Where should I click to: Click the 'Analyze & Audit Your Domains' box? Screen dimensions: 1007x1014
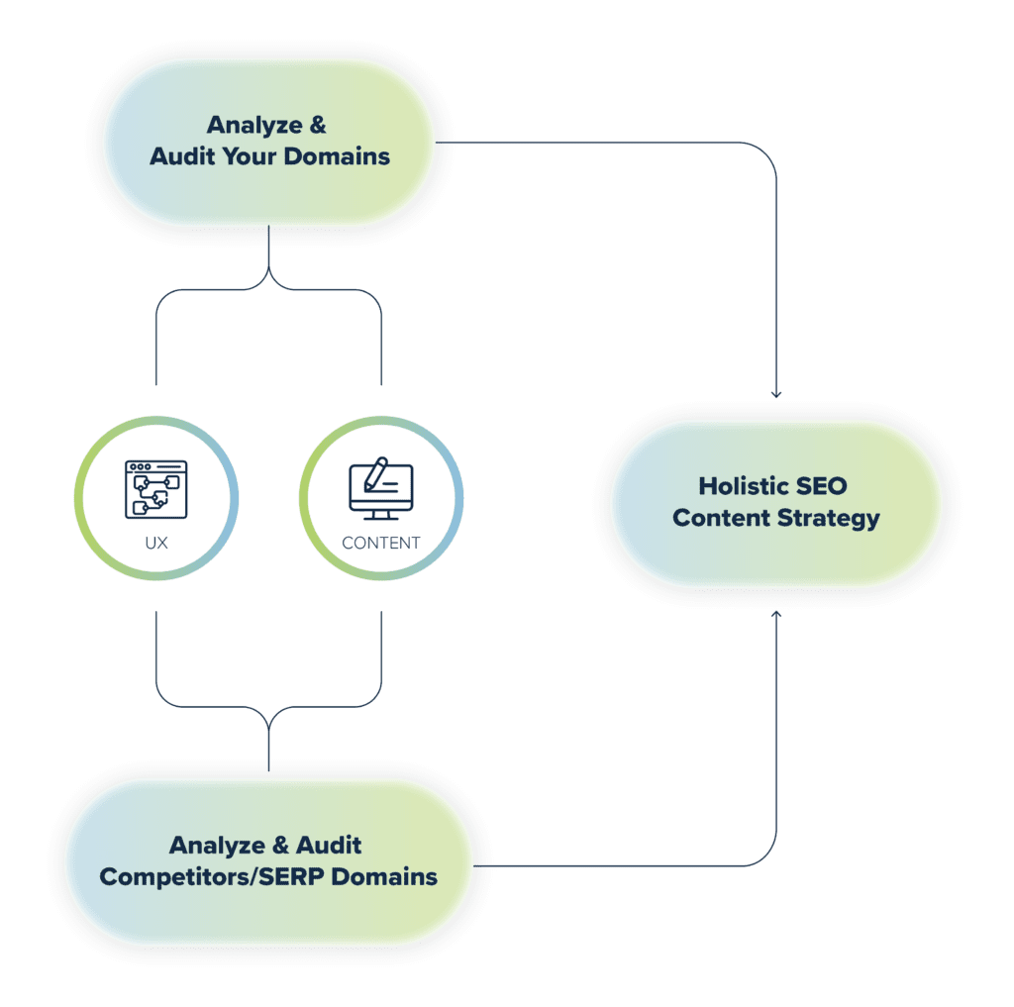[x=269, y=142]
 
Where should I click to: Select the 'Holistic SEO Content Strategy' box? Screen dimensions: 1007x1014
[x=775, y=502]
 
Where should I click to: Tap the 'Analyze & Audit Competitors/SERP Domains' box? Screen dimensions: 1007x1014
[x=268, y=861]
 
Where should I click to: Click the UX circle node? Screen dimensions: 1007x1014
[x=155, y=497]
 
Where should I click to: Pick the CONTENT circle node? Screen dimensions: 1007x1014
[x=381, y=497]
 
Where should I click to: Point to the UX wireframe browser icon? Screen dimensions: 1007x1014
[x=155, y=488]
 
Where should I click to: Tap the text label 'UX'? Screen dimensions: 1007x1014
[x=155, y=543]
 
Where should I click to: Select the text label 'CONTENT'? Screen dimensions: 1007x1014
[x=381, y=543]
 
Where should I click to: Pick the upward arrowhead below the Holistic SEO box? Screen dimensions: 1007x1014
[x=776, y=615]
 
